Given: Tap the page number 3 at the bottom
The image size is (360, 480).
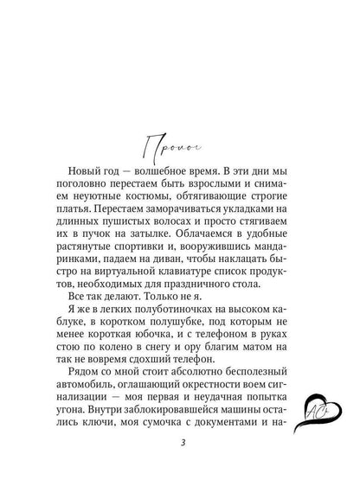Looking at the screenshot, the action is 179,445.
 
